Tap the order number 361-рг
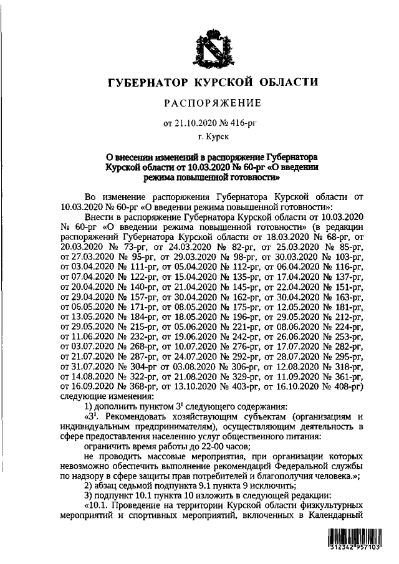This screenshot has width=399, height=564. click(x=345, y=376)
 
